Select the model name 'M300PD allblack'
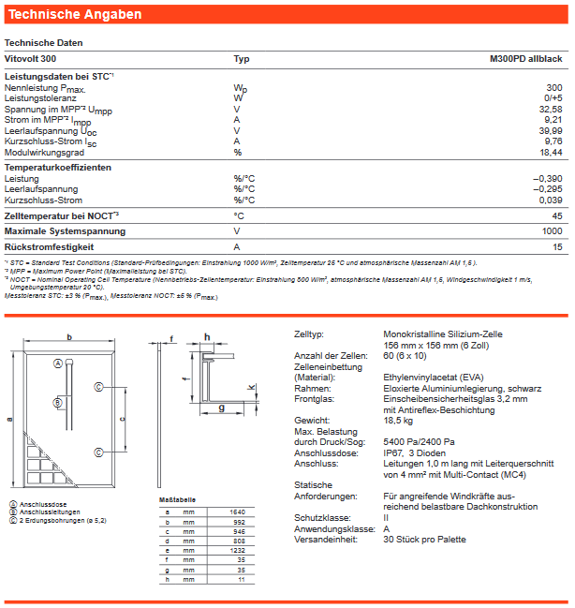point(525,59)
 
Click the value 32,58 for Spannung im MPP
point(550,109)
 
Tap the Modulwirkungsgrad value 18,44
point(550,152)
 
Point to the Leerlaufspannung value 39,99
point(550,130)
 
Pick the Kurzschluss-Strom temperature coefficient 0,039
point(550,200)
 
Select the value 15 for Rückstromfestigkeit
point(556,246)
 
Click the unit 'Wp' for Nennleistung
point(240,87)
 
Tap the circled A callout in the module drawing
point(58,363)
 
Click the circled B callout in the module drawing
point(58,401)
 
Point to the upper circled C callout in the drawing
point(98,386)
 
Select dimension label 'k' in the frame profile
point(250,387)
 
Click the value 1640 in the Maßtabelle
point(236,512)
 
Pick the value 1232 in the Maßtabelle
point(236,549)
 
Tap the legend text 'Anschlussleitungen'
point(45,512)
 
